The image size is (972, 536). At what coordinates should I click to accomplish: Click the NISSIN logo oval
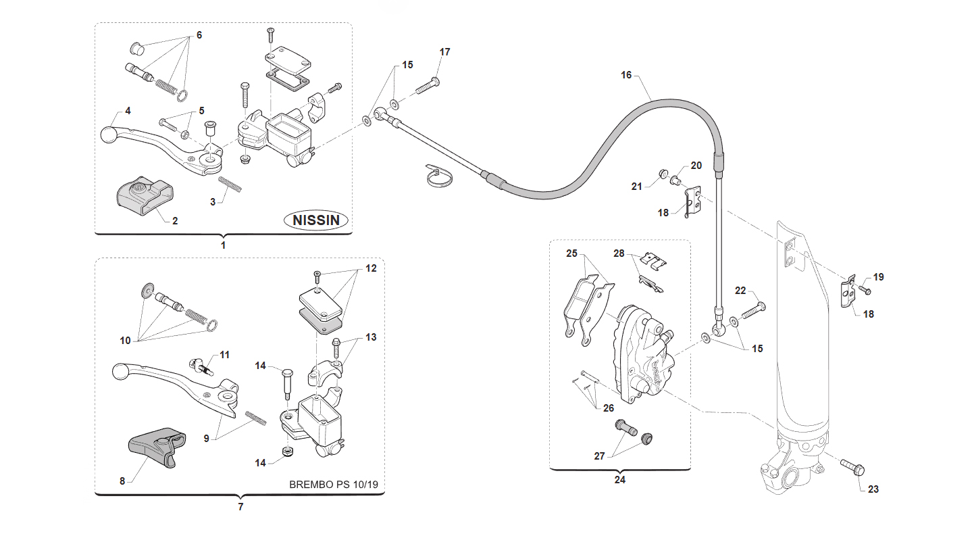pos(316,220)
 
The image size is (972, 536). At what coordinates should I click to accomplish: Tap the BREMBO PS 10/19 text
pos(333,485)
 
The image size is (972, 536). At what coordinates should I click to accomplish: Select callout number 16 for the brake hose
pos(626,75)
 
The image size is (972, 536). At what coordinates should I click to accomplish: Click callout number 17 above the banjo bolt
pos(444,52)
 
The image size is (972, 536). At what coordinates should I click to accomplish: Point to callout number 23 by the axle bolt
pos(873,489)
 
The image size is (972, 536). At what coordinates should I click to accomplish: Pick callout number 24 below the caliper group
pos(619,479)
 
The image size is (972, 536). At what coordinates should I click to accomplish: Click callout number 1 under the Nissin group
pos(223,245)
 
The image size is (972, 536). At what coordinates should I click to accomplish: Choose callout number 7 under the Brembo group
pos(240,506)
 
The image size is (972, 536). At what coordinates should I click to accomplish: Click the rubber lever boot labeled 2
pos(145,195)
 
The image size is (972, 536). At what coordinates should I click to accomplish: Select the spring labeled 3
pos(230,184)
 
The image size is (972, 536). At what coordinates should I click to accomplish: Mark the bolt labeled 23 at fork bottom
pos(852,467)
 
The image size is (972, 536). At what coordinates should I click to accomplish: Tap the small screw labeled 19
pos(865,290)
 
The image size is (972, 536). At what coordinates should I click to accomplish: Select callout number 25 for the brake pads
pos(572,253)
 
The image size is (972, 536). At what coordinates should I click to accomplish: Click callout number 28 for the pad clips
pos(619,253)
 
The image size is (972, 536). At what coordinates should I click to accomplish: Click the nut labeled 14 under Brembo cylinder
pos(287,452)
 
